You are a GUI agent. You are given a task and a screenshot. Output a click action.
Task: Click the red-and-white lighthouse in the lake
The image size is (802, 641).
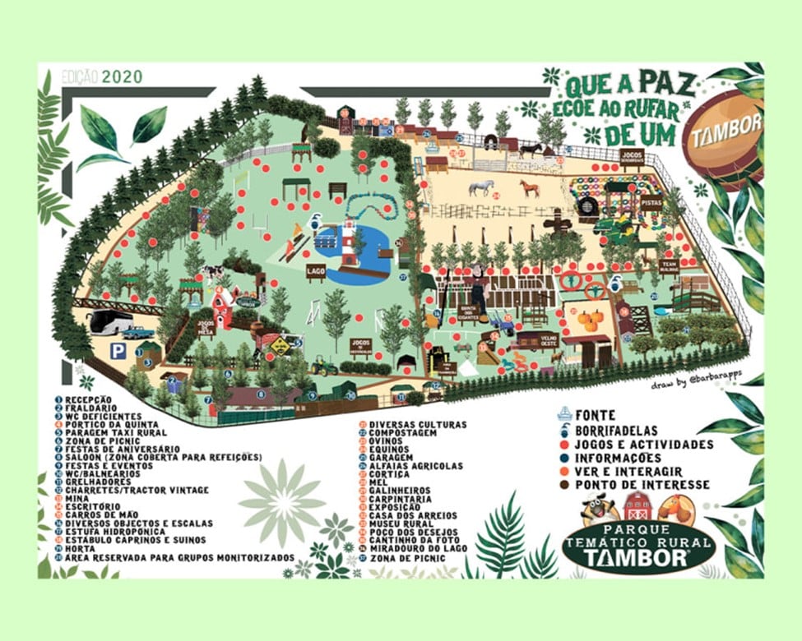(x=349, y=242)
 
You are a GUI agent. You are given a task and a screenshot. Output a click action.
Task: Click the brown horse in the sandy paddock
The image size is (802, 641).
(x=531, y=188)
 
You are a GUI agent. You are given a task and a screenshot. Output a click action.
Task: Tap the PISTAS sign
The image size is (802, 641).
(x=651, y=203)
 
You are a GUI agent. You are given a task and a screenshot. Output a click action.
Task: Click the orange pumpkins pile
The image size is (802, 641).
(x=589, y=317)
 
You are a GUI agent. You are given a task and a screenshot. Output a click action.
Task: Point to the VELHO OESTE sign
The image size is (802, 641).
(x=549, y=339)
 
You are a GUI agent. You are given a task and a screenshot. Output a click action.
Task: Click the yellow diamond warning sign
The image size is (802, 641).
(x=281, y=346)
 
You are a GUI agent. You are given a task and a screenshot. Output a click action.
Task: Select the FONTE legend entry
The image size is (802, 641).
(x=596, y=416)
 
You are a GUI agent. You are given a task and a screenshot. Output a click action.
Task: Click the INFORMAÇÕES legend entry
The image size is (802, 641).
(x=618, y=458)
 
